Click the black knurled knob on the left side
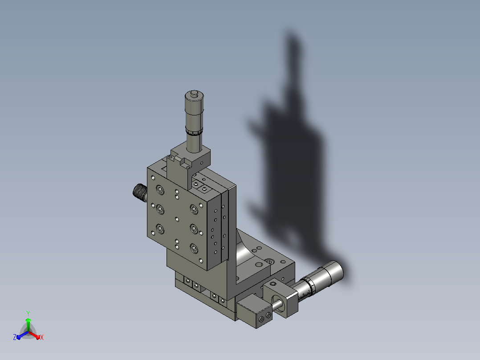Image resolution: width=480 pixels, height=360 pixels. [140, 192]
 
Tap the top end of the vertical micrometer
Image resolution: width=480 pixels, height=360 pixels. [195, 94]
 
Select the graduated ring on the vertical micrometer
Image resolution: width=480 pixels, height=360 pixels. [194, 132]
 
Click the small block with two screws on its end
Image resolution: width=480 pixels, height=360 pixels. [254, 311]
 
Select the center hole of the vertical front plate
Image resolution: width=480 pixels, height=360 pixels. [177, 219]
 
